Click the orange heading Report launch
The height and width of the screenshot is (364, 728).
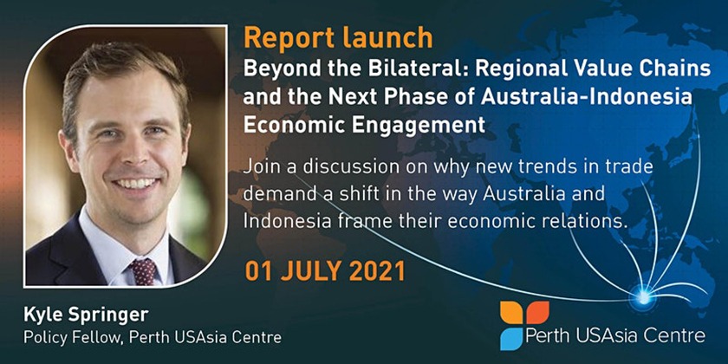click(x=338, y=38)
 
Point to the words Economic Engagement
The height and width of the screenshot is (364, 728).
click(x=365, y=126)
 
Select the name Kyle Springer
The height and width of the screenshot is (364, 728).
click(x=86, y=315)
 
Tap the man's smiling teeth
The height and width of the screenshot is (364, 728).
click(x=138, y=183)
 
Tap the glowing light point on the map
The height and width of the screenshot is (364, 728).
click(x=643, y=297)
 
